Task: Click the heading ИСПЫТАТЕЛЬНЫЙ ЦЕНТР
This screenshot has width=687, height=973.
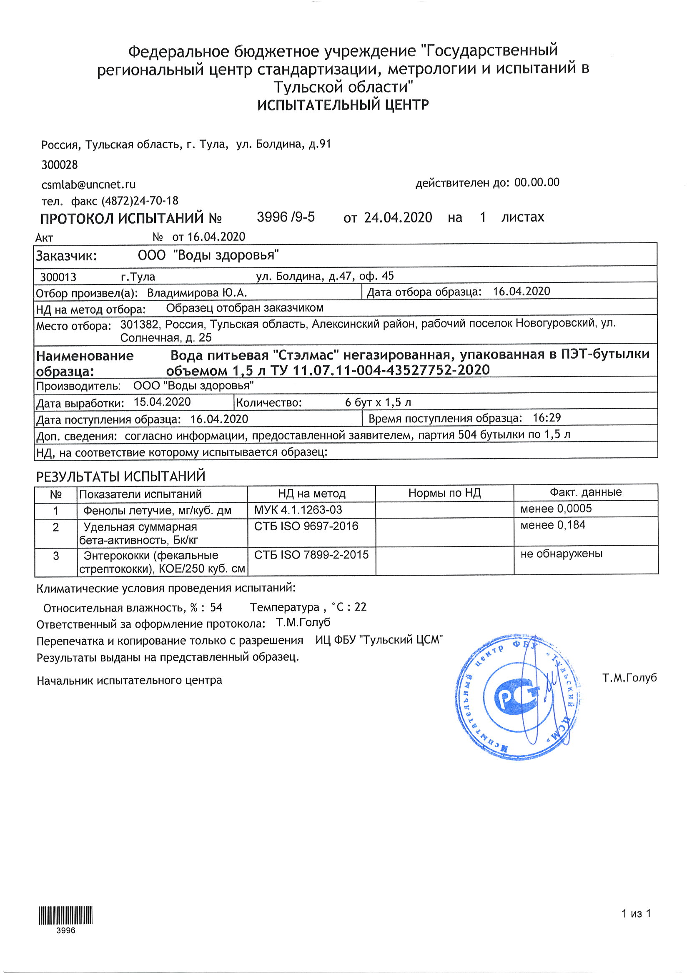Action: coord(343,105)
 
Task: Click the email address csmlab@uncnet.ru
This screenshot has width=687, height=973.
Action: coord(89,185)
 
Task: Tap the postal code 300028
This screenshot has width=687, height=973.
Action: coord(60,165)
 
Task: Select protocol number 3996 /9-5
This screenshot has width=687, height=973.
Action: coord(286,217)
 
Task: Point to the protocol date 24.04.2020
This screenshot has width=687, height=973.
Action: coord(398,218)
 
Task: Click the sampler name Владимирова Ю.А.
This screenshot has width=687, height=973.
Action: coord(197,293)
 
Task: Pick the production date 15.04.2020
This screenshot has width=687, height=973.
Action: coord(162,402)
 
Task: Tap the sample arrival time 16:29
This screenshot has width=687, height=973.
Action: coord(547,418)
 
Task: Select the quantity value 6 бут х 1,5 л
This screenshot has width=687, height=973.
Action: coord(378,403)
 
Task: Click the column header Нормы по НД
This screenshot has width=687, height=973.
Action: coord(444,493)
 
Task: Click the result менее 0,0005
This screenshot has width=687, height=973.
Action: coord(556,509)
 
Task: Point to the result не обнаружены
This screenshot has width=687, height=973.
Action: coord(561,554)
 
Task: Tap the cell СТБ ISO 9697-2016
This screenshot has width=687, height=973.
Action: coord(306,526)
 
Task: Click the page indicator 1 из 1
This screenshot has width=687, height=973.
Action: coord(636,914)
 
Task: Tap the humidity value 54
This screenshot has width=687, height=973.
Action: coord(216,608)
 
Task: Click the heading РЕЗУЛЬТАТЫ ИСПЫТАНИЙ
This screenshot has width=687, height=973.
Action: coord(121,477)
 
